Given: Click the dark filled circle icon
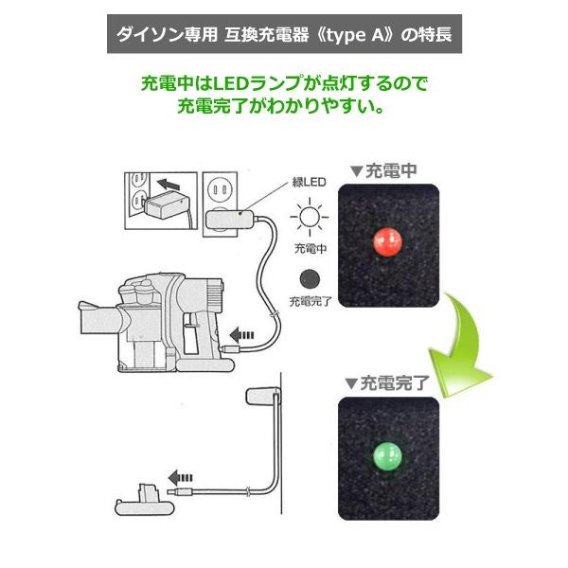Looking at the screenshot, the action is coord(309,278).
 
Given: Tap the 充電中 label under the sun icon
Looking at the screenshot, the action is coord(310,250).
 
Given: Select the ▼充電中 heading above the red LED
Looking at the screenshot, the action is coord(382,171).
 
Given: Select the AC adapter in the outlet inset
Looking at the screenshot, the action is coord(162,204).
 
